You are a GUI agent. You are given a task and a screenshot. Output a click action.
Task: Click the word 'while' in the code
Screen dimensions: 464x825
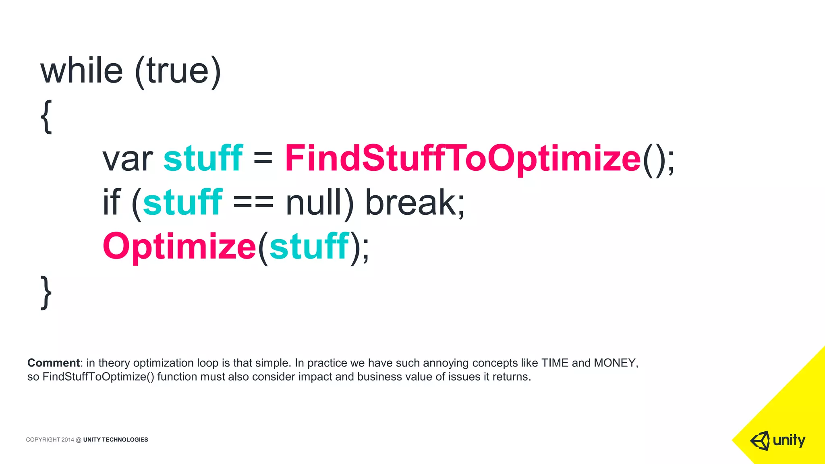pyautogui.click(x=81, y=70)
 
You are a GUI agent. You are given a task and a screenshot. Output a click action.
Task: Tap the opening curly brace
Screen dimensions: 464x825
pyautogui.click(x=46, y=117)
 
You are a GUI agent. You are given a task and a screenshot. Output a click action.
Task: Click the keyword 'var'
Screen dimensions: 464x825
pyautogui.click(x=127, y=159)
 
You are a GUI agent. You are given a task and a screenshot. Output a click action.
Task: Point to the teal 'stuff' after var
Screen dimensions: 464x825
pyautogui.click(x=203, y=158)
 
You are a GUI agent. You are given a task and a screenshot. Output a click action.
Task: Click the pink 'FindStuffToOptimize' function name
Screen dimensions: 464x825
pyautogui.click(x=462, y=159)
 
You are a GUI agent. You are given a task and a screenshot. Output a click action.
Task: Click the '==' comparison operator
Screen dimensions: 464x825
pyautogui.click(x=253, y=202)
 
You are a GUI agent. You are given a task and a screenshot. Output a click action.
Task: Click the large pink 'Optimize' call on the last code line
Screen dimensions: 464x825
pyautogui.click(x=179, y=246)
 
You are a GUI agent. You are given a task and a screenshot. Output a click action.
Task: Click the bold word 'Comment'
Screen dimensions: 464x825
pyautogui.click(x=54, y=363)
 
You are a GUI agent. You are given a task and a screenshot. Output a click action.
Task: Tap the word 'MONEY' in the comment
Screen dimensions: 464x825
pyautogui.click(x=615, y=363)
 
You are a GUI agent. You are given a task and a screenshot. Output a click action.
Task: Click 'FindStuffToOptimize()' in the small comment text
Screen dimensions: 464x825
pyautogui.click(x=98, y=377)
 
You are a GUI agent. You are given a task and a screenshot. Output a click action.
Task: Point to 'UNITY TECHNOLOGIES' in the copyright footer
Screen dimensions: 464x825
pyautogui.click(x=116, y=440)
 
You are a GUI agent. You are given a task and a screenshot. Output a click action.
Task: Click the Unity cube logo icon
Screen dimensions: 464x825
pyautogui.click(x=760, y=441)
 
